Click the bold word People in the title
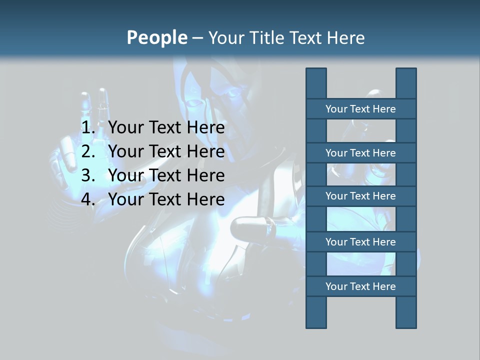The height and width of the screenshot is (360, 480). (x=156, y=37)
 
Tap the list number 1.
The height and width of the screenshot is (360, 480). (x=88, y=128)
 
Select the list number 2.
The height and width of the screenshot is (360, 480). (x=88, y=151)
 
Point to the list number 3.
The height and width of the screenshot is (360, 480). (x=88, y=175)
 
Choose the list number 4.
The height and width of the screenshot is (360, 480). (x=88, y=199)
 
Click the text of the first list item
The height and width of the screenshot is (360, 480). (x=166, y=128)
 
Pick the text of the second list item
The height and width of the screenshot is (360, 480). (x=166, y=151)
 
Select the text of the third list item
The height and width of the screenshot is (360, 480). (x=166, y=175)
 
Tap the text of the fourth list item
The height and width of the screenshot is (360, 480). (x=166, y=199)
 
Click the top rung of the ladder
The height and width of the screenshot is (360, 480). (x=360, y=109)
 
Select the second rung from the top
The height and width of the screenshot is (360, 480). (x=360, y=153)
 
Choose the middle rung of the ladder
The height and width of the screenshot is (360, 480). (x=360, y=196)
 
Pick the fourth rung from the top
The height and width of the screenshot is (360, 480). (x=360, y=242)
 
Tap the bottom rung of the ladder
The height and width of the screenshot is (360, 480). (x=360, y=286)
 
